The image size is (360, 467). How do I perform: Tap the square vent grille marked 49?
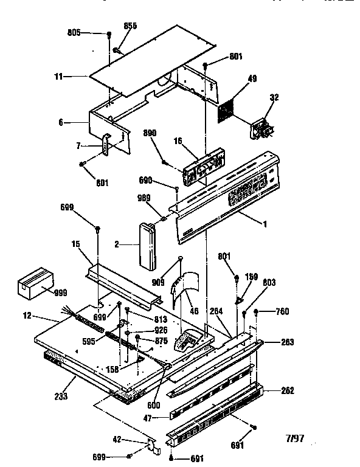[227, 108]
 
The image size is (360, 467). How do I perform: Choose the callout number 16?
[178, 140]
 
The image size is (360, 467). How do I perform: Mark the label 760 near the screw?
[282, 312]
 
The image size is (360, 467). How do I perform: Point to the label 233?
[60, 396]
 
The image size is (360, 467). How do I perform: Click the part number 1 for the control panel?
[265, 224]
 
